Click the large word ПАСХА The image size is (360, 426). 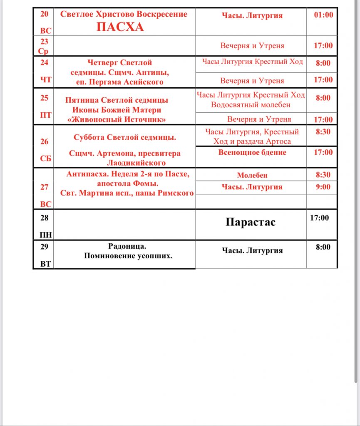pyautogui.click(x=120, y=27)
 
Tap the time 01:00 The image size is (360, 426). pyautogui.click(x=323, y=15)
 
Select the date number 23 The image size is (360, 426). pyautogui.click(x=44, y=42)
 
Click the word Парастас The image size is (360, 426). pyautogui.click(x=251, y=222)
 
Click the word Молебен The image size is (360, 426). pyautogui.click(x=252, y=176)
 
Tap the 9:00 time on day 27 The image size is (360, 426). pyautogui.click(x=323, y=187)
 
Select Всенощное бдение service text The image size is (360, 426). pyautogui.click(x=252, y=152)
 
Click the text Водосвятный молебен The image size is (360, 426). pyautogui.click(x=251, y=104)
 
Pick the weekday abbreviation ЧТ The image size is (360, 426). pyautogui.click(x=44, y=80)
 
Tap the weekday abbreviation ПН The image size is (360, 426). pyautogui.click(x=44, y=235)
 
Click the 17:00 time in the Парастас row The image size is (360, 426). pyautogui.click(x=319, y=217)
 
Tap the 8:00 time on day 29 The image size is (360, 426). pyautogui.click(x=323, y=247)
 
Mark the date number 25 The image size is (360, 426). pyautogui.click(x=44, y=98)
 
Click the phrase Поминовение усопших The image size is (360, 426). pyautogui.click(x=128, y=256)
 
